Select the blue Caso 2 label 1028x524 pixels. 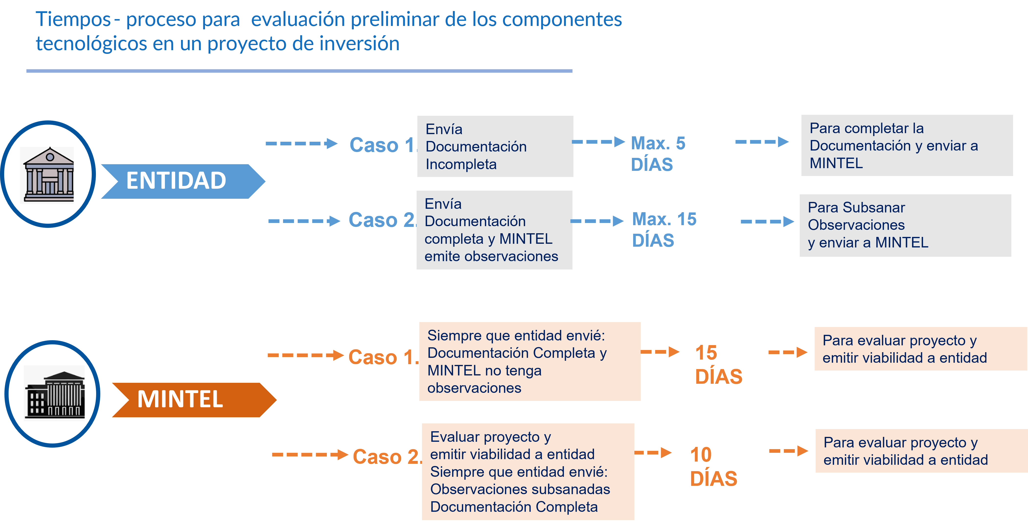(x=381, y=220)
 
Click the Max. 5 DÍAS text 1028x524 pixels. (x=658, y=154)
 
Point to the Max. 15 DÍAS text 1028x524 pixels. (x=664, y=230)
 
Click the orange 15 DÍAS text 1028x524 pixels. (x=718, y=364)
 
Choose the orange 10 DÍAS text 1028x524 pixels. (x=713, y=466)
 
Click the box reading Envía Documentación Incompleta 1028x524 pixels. (x=495, y=146)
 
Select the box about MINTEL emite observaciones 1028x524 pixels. (x=494, y=230)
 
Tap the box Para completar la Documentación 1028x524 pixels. (x=907, y=145)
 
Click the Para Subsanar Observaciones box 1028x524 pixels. (x=905, y=225)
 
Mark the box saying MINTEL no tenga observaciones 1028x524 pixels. (x=530, y=361)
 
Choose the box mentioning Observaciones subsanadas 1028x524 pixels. (x=527, y=472)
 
